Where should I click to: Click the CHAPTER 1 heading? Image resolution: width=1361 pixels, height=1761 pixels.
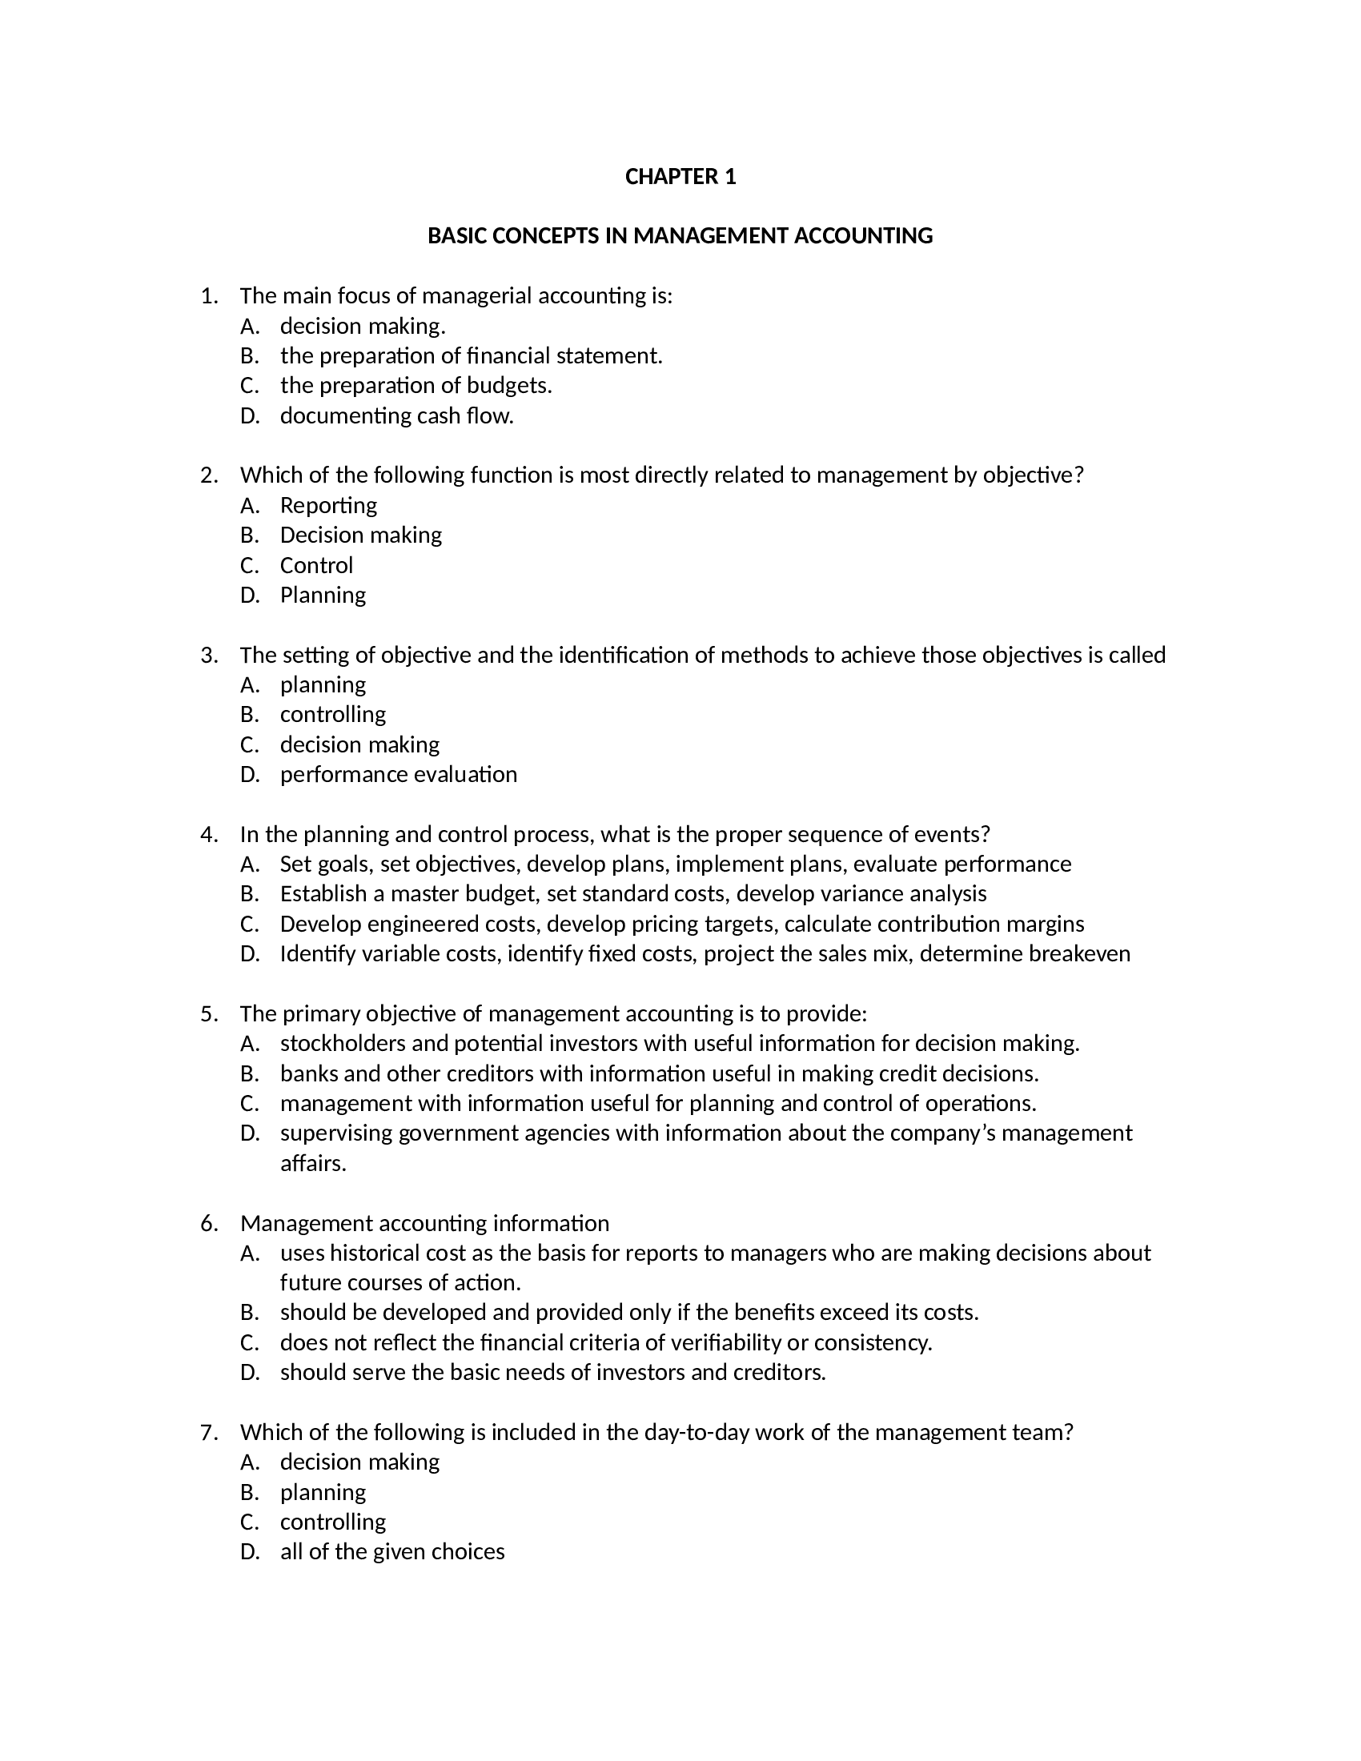(x=680, y=177)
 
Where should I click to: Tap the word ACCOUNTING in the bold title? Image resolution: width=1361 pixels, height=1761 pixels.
(x=864, y=236)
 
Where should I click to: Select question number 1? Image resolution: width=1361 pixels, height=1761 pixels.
(x=209, y=297)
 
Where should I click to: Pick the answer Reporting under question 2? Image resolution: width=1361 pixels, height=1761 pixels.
(x=328, y=506)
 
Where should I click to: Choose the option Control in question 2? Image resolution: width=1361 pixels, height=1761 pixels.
(x=316, y=565)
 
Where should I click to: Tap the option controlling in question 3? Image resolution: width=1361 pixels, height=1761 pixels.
(x=333, y=714)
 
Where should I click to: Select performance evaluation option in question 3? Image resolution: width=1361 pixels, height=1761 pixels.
(x=399, y=775)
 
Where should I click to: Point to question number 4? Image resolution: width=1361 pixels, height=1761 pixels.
(x=209, y=835)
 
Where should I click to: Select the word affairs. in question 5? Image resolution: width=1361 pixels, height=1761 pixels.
(x=313, y=1164)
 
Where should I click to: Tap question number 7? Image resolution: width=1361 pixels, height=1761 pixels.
(x=209, y=1433)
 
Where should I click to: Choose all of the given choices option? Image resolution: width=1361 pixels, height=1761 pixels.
(x=391, y=1552)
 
